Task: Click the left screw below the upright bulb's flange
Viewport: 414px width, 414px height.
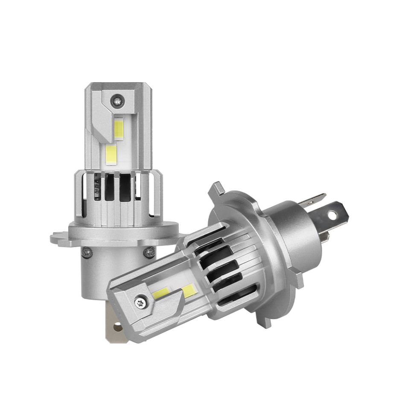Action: click(87, 253)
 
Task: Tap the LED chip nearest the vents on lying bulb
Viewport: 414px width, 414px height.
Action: click(188, 292)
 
